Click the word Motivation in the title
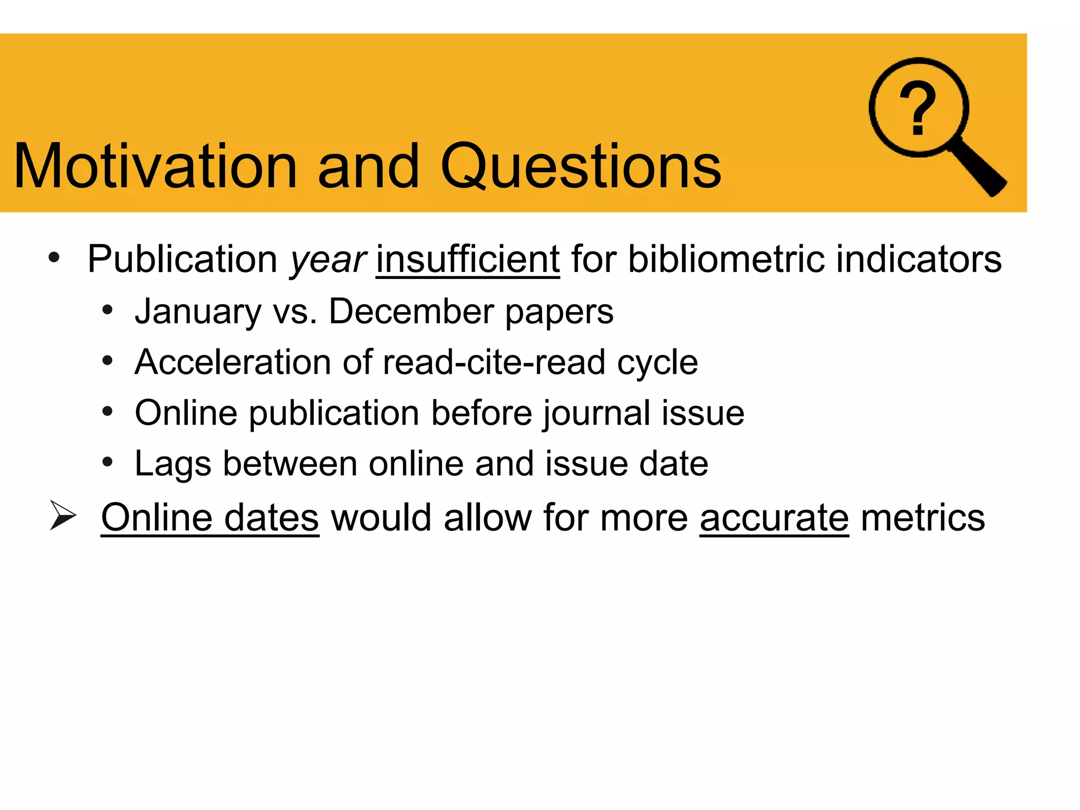[156, 167]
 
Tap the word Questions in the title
[580, 167]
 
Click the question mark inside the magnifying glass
[918, 109]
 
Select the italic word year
[327, 259]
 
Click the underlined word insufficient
[467, 259]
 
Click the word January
[198, 312]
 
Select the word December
[411, 312]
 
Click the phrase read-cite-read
[494, 362]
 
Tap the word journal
[596, 413]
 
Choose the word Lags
[172, 464]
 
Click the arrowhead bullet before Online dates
[63, 515]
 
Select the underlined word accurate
[774, 518]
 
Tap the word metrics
[923, 518]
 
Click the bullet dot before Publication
[54, 258]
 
